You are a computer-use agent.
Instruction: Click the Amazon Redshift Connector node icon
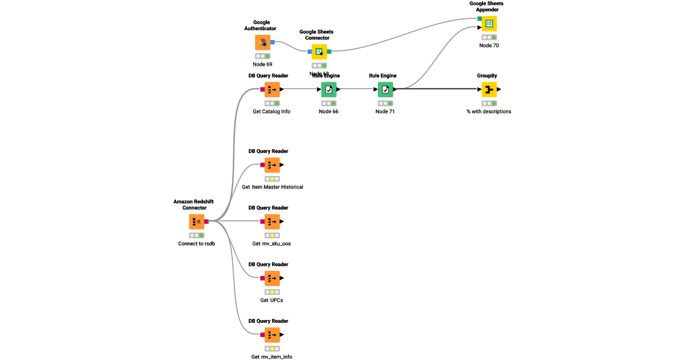pyautogui.click(x=197, y=222)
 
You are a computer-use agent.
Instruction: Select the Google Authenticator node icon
pyautogui.click(x=262, y=42)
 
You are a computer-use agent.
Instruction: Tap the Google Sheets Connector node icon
pyautogui.click(x=319, y=51)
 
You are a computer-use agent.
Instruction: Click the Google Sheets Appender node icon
pyautogui.click(x=489, y=23)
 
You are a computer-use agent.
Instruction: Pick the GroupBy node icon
pyautogui.click(x=489, y=89)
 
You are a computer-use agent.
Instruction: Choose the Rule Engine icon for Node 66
pyautogui.click(x=329, y=89)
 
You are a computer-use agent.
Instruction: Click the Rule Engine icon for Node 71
pyautogui.click(x=385, y=89)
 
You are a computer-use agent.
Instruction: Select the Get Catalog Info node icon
pyautogui.click(x=272, y=89)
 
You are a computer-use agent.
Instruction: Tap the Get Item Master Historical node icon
pyautogui.click(x=272, y=165)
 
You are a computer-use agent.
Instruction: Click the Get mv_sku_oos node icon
pyautogui.click(x=272, y=222)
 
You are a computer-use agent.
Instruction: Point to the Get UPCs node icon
pyautogui.click(x=272, y=278)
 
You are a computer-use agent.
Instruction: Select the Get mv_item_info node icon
pyautogui.click(x=272, y=335)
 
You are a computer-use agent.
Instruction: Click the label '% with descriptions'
pyautogui.click(x=489, y=111)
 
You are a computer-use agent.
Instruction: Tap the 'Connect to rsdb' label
pyautogui.click(x=197, y=243)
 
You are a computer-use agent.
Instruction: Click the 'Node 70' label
pyautogui.click(x=489, y=45)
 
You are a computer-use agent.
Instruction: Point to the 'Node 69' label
pyautogui.click(x=262, y=65)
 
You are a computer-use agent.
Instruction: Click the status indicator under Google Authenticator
pyautogui.click(x=262, y=56)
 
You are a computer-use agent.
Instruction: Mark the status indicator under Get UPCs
pyautogui.click(x=272, y=292)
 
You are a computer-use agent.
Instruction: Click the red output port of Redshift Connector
pyautogui.click(x=207, y=222)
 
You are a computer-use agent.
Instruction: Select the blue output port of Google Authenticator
pyautogui.click(x=273, y=42)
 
